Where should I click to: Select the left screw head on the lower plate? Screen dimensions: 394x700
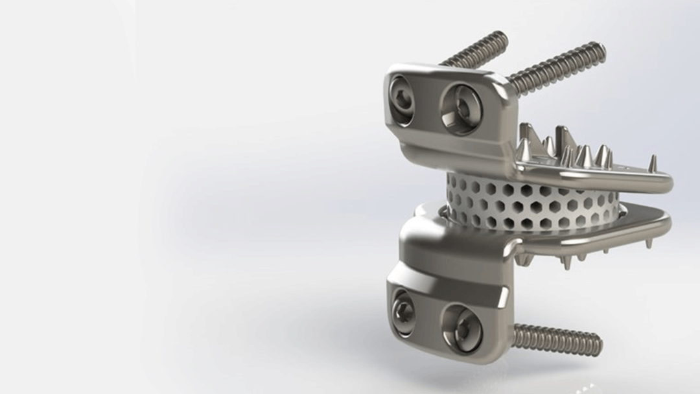[403, 312]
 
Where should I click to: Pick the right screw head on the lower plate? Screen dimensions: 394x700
[461, 328]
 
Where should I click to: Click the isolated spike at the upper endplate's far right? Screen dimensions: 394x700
[652, 163]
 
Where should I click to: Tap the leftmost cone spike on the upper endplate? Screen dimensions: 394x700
[523, 150]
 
